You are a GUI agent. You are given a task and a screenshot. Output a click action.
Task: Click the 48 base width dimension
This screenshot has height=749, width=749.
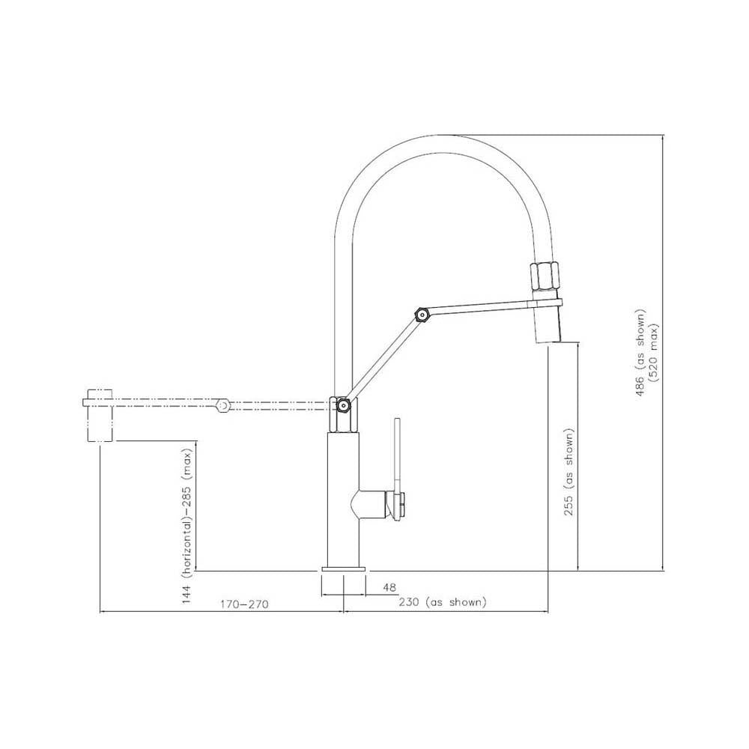point(389,588)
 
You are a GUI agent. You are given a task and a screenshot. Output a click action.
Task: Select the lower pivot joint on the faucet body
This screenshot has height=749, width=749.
point(343,406)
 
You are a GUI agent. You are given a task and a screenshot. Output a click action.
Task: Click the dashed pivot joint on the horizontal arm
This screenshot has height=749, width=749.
point(221,405)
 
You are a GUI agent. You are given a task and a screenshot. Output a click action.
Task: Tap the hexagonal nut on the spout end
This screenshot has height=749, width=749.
point(545,278)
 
